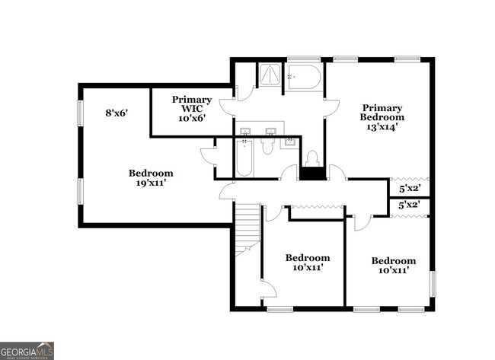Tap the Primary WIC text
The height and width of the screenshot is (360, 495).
pos(191,104)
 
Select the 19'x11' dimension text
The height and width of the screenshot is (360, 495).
pos(150,183)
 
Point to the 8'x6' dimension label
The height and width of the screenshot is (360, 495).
pos(116,113)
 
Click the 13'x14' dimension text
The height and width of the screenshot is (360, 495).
pos(382,128)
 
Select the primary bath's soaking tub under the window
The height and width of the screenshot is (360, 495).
pos(304,78)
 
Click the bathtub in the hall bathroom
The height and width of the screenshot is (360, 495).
pos(244,158)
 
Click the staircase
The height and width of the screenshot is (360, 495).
pos(246,228)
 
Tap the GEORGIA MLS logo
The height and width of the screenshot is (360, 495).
pos(27,350)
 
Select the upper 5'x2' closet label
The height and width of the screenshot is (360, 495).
pos(410,188)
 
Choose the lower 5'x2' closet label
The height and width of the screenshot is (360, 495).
pos(410,205)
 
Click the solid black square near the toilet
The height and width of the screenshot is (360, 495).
pos(311,174)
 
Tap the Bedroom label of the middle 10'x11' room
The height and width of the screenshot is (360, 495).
pos(307,258)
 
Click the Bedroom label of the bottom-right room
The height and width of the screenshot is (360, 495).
pos(393,260)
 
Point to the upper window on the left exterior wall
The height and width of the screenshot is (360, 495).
pos(79,113)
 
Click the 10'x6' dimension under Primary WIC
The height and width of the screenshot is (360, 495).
pos(191,118)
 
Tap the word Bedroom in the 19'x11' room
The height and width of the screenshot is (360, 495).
pos(150,173)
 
